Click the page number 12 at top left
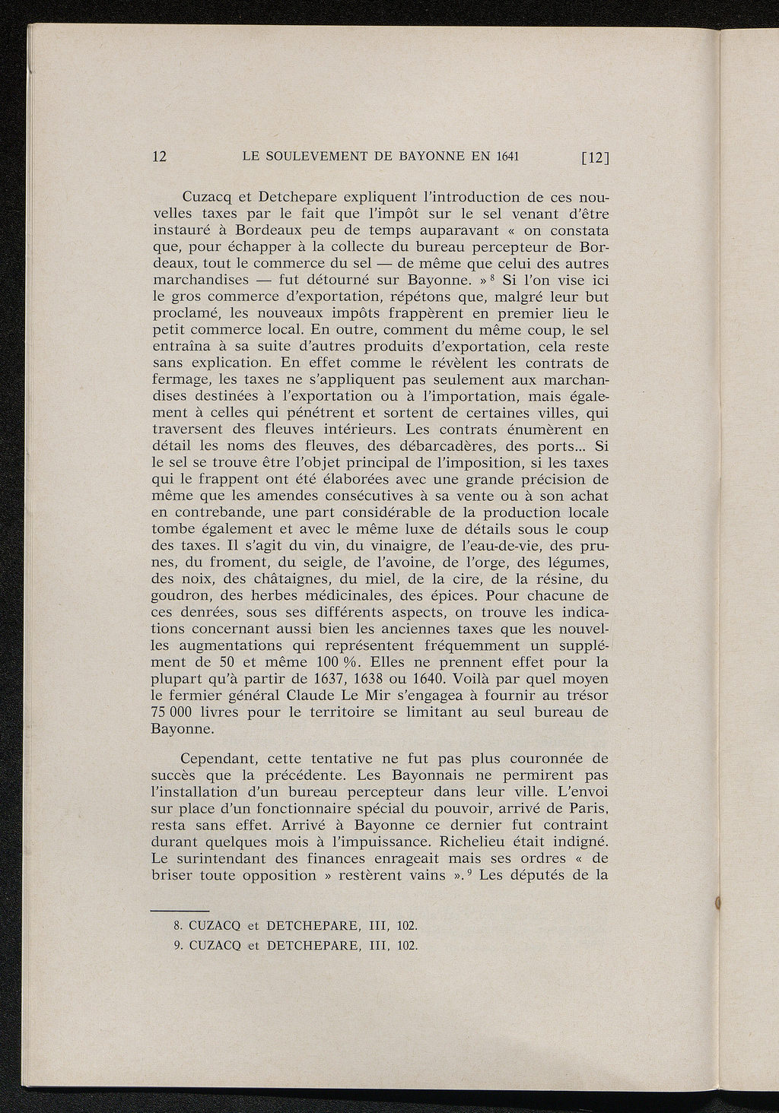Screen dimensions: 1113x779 tap(161, 157)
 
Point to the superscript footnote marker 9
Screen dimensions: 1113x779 tap(472, 870)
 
